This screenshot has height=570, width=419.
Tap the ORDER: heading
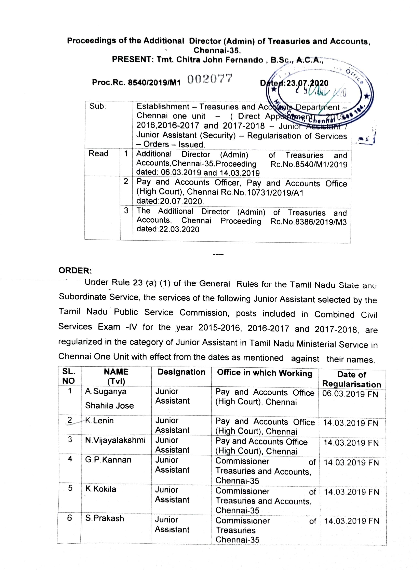75,271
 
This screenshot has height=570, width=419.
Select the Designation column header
181,372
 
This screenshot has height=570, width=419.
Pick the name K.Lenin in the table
99,420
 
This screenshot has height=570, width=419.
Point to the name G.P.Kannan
108,460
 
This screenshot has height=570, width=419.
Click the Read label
98,153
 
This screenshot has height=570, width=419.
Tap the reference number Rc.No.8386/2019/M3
308,222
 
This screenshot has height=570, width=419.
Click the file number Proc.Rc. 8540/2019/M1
136,83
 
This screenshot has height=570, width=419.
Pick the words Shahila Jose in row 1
109,406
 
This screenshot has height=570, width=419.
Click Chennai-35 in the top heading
217,51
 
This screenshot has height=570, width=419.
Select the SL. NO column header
69,376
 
